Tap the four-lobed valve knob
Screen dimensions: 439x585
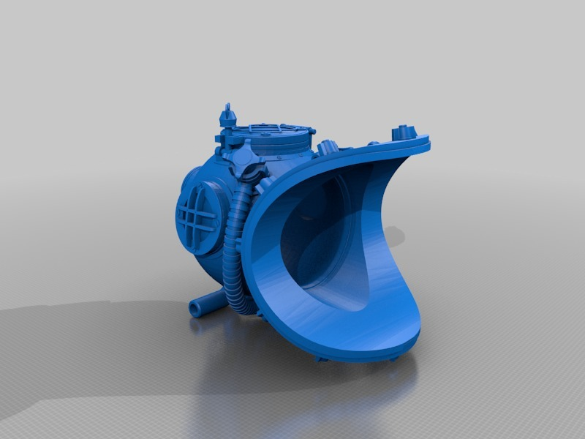(244, 160)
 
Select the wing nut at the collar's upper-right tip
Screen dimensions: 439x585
(404, 132)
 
